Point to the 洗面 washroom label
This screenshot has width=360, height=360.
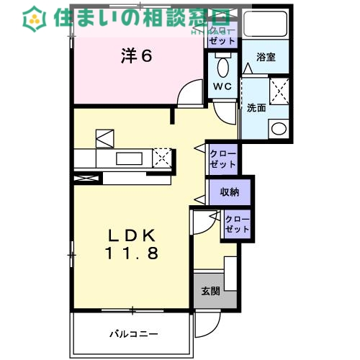point(256,108)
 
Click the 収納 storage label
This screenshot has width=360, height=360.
point(230,192)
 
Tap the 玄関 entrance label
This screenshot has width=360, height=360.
point(210,291)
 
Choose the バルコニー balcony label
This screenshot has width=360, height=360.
point(133,333)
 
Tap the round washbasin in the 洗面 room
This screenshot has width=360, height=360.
point(277,129)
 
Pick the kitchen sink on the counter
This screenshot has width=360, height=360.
point(128,158)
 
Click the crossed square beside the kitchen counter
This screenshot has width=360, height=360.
point(163,157)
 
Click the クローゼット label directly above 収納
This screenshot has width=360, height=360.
point(222,159)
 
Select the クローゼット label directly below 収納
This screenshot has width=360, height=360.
point(237,224)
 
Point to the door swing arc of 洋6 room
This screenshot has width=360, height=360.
point(189,94)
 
